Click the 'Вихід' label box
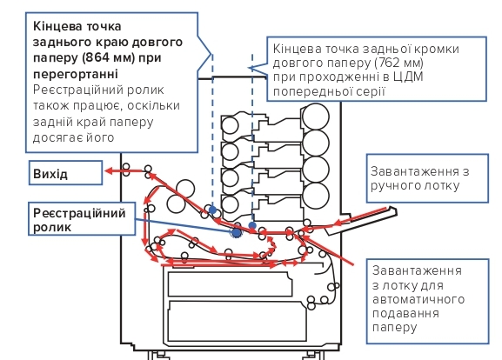tap(65, 173)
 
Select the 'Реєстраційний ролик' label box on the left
tap(82, 219)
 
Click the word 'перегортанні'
tap(76, 74)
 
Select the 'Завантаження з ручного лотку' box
tap(427, 178)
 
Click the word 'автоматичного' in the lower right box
tap(418, 299)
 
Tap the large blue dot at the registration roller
tap(237, 233)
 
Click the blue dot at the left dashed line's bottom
tap(212, 210)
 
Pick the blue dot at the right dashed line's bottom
tap(252, 225)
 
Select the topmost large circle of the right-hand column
tap(315, 117)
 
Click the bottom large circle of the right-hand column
tap(315, 196)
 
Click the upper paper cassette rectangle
tap(230, 284)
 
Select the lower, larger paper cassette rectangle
tap(238, 321)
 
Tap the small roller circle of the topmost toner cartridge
tap(230, 125)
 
